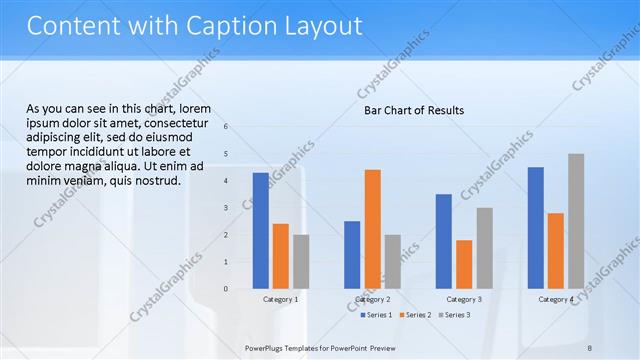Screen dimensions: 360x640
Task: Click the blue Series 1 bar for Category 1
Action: pos(260,231)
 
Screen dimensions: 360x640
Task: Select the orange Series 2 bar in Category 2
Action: pos(372,229)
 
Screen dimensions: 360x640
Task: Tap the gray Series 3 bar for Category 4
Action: pos(576,221)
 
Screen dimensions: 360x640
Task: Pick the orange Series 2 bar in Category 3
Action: pos(464,264)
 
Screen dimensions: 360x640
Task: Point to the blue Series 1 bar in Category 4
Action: pos(536,228)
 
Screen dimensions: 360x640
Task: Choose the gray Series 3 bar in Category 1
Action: pos(301,261)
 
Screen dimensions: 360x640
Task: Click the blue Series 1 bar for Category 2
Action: pos(352,255)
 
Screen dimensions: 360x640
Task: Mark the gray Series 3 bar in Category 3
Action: pos(484,248)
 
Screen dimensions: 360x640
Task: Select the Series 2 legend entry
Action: pos(417,315)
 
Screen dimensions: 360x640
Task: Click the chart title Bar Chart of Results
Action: pos(413,110)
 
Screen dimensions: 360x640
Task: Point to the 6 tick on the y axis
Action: pos(227,127)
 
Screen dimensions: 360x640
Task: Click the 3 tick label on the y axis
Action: pos(227,208)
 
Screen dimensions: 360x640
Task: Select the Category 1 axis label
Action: pos(280,299)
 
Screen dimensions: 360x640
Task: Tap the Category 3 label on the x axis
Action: pos(464,299)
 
